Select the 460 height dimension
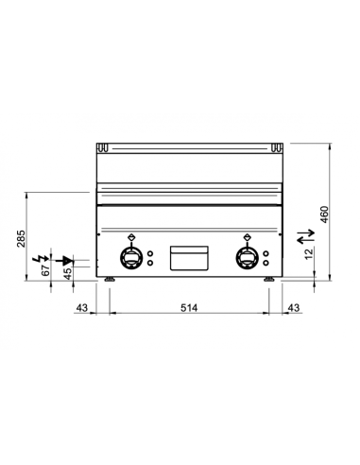point(325,215)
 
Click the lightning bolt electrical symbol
point(38,256)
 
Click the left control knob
point(130,257)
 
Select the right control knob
point(249,257)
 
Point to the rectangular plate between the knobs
point(189,258)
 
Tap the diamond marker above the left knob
point(130,236)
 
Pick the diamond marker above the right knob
point(249,236)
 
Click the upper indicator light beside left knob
point(151,252)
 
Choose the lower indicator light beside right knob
point(268,264)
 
